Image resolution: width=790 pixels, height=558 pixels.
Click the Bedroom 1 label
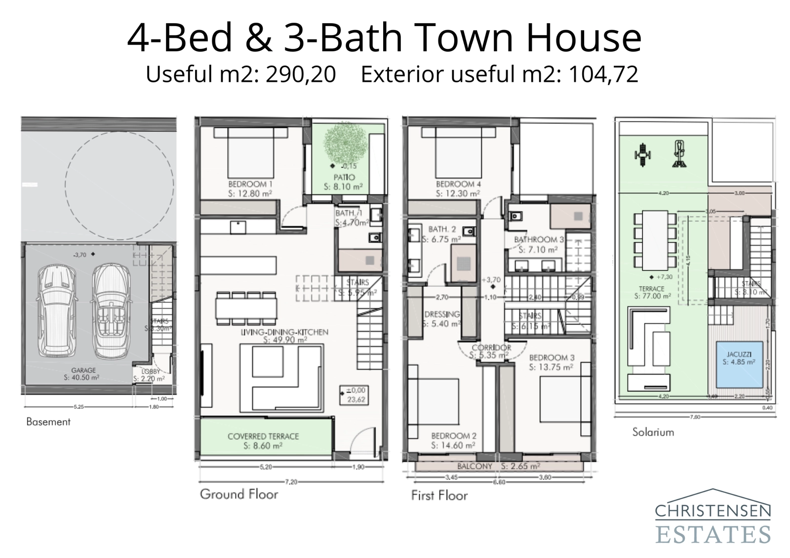pos(250,184)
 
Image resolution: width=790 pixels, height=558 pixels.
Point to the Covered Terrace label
pos(263,436)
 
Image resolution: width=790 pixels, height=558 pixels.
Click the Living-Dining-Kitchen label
pos(284,332)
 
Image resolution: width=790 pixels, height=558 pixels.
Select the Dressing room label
pos(442,314)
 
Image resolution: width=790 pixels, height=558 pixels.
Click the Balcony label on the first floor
pos(474,466)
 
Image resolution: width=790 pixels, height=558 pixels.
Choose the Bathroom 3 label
pos(539,240)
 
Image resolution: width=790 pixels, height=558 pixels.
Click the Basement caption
pos(48,422)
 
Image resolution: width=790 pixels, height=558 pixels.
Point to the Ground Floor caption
pos(239,494)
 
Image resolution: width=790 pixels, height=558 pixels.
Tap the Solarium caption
pos(653,432)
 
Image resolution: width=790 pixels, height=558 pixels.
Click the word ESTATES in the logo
pos(712,534)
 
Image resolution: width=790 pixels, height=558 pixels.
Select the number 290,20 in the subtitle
pos(301,74)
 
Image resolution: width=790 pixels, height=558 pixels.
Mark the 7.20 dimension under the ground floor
pos(291,482)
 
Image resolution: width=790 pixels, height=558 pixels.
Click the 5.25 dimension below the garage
pos(79,407)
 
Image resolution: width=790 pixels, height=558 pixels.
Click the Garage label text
pos(83,370)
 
